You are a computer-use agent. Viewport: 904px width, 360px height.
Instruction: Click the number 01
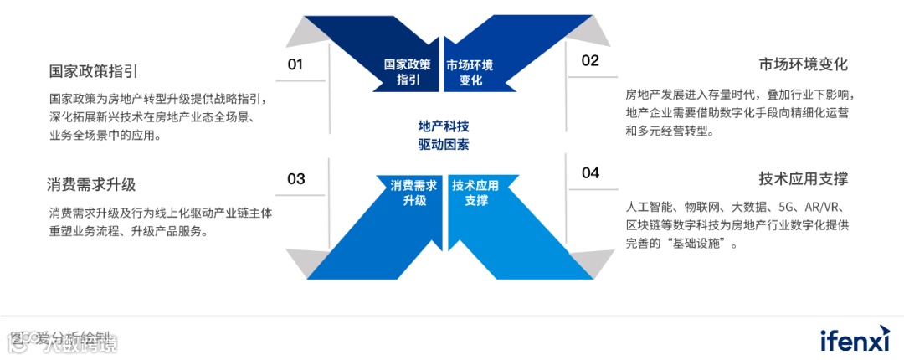coord(295,64)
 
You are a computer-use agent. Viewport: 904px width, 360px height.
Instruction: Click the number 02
coord(590,60)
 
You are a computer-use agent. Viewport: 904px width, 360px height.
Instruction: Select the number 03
coord(295,178)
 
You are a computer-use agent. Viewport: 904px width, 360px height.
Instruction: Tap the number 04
coord(590,173)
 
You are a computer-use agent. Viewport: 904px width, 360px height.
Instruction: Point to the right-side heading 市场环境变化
coord(804,65)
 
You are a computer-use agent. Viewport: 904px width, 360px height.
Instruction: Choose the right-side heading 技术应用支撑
coord(804,178)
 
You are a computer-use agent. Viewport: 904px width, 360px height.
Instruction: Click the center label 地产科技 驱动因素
coord(444,135)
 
